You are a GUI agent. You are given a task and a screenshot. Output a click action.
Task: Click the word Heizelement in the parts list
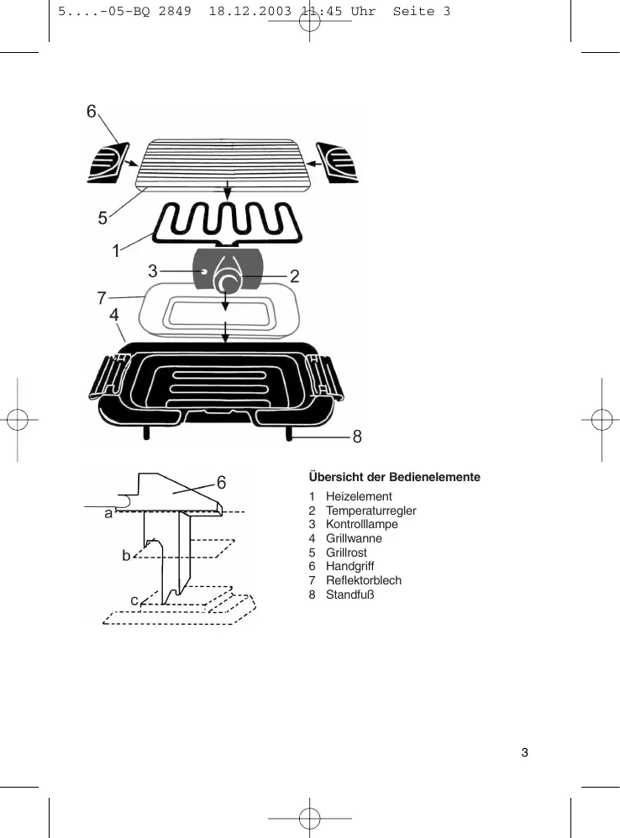pyautogui.click(x=359, y=496)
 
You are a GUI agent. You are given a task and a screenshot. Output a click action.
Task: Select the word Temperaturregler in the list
pyautogui.click(x=370, y=511)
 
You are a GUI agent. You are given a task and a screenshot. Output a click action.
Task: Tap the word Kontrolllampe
pyautogui.click(x=362, y=524)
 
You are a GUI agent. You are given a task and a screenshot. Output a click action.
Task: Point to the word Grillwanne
pyautogui.click(x=354, y=538)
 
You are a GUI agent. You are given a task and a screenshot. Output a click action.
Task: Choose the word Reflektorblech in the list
pyautogui.click(x=364, y=580)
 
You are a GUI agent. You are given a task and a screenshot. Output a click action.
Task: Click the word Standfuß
pyautogui.click(x=349, y=594)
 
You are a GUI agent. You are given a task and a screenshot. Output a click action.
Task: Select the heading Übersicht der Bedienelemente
pyautogui.click(x=395, y=477)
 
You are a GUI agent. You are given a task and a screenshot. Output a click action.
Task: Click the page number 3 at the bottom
pyautogui.click(x=525, y=752)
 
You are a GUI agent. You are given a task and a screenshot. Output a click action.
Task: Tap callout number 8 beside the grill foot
pyautogui.click(x=357, y=437)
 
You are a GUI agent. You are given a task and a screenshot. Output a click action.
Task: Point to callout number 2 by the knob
pyautogui.click(x=295, y=275)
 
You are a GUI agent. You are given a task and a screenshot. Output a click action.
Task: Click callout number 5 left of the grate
pyautogui.click(x=102, y=218)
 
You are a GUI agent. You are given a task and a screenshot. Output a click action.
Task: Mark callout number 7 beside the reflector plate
pyautogui.click(x=101, y=297)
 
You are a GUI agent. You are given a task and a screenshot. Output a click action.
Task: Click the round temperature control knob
pyautogui.click(x=227, y=279)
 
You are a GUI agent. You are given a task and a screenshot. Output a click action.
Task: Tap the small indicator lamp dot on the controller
pyautogui.click(x=204, y=271)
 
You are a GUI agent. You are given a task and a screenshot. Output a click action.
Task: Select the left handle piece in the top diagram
pyautogui.click(x=108, y=163)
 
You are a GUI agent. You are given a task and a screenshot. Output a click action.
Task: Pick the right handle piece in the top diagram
pyautogui.click(x=339, y=162)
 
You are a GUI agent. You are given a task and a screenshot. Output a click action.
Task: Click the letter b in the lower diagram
pyautogui.click(x=126, y=556)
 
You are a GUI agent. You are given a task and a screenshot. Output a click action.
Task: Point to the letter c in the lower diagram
pyautogui.click(x=134, y=600)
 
